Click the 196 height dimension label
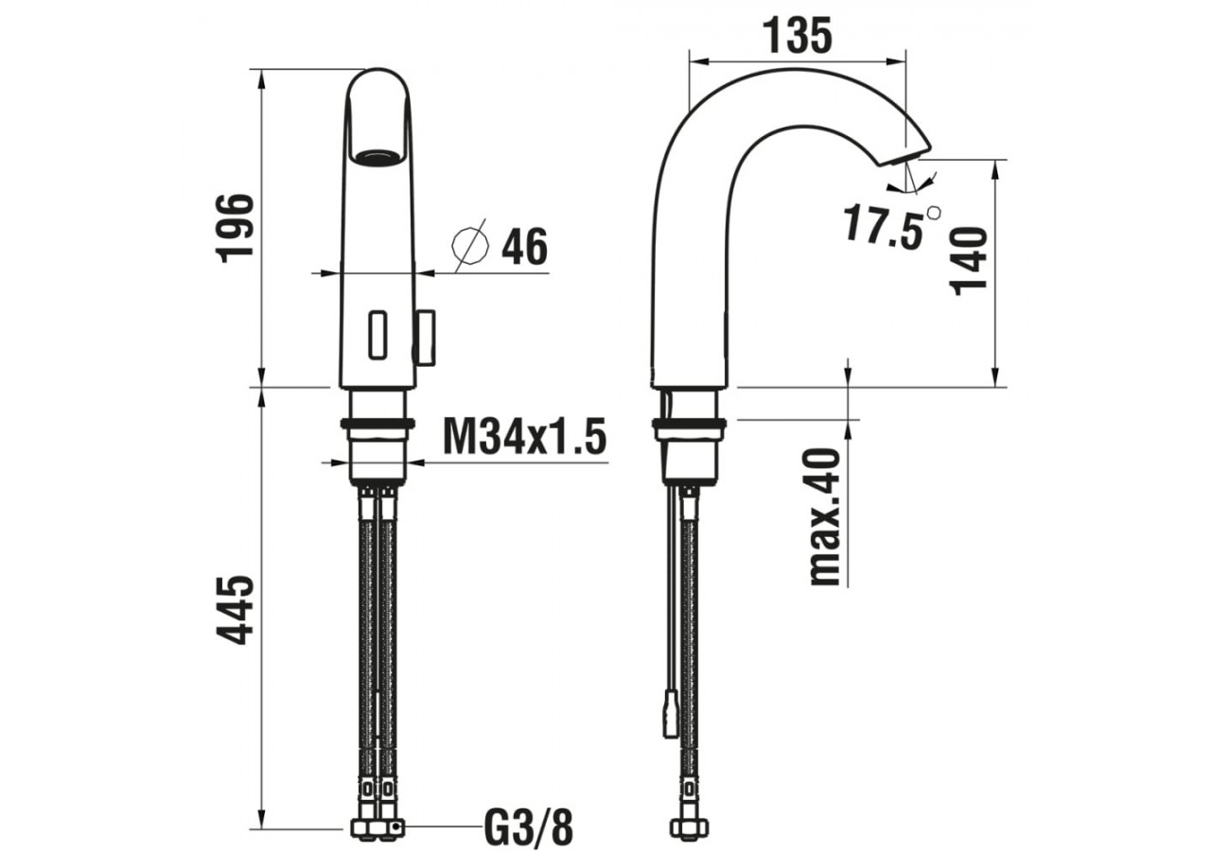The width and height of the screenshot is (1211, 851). [x=235, y=227]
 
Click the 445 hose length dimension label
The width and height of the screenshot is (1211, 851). [x=235, y=610]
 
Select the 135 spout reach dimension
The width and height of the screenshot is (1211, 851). [x=798, y=36]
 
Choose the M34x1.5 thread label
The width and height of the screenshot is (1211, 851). [x=524, y=438]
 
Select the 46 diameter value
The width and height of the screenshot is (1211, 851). [x=524, y=249]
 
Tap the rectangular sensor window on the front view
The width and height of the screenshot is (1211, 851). [x=377, y=336]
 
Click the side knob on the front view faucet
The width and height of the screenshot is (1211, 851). [x=427, y=338]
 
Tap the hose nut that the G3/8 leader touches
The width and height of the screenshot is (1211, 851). [x=388, y=828]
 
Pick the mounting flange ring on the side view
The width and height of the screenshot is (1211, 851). [x=689, y=425]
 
